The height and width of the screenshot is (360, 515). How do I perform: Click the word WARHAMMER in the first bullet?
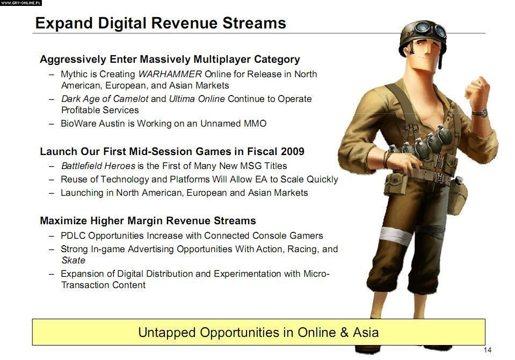coord(170,74)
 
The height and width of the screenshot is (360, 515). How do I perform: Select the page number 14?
coord(488,350)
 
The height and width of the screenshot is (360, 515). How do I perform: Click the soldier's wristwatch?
coord(480,113)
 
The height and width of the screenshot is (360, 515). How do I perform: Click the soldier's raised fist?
coord(477,90)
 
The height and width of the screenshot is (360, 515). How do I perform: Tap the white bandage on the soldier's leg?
coord(396,235)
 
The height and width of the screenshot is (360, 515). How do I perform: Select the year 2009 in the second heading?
coord(292,151)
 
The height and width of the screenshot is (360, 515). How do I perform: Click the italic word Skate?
coord(73,260)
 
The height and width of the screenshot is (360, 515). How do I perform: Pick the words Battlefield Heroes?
coord(98,166)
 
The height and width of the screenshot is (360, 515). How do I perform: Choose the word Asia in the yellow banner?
coord(366,333)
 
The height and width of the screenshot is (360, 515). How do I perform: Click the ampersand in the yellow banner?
coord(344,333)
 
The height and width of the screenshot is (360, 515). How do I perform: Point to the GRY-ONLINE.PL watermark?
coord(21,3)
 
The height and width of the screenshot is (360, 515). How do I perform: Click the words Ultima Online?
coord(197,99)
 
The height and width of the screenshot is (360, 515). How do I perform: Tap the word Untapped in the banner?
coord(167,333)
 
